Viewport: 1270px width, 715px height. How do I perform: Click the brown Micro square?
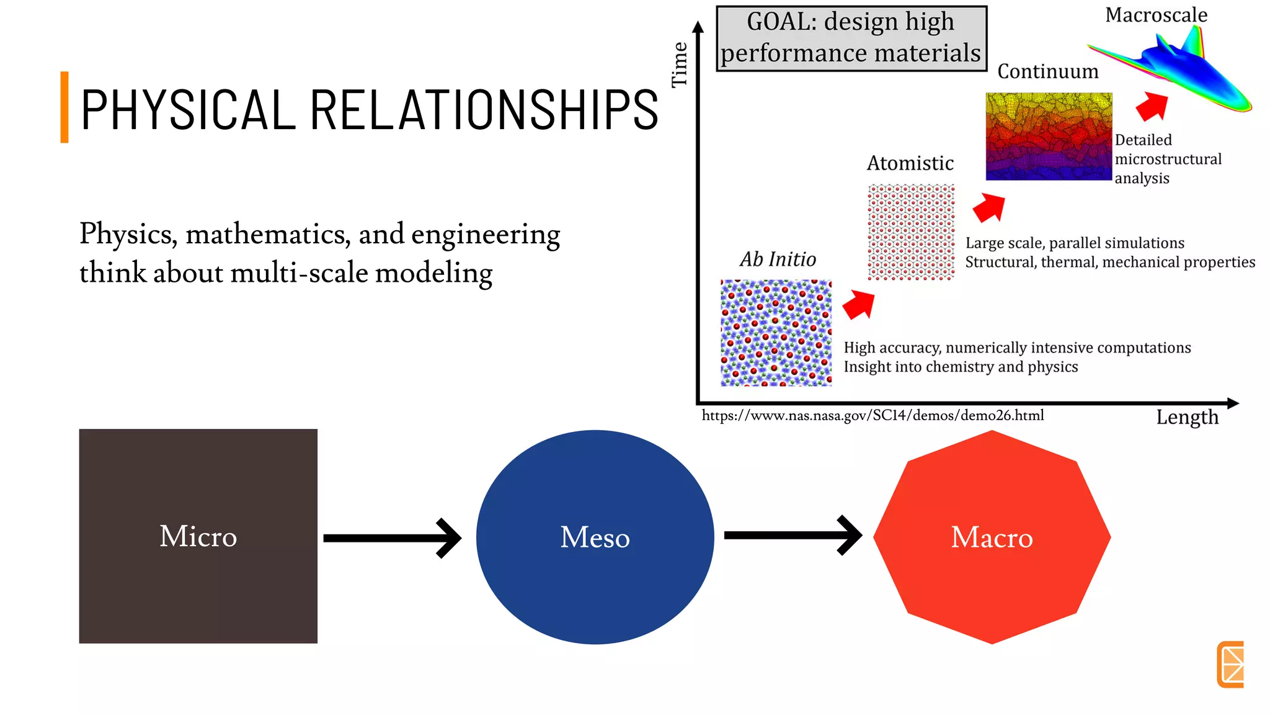(198, 536)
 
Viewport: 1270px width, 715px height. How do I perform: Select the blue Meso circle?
(595, 537)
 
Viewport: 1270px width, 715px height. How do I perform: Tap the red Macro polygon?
(992, 537)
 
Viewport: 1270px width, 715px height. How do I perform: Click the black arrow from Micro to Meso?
(392, 537)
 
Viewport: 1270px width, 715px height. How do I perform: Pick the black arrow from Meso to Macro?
(793, 535)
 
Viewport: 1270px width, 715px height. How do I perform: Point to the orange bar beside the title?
(64, 107)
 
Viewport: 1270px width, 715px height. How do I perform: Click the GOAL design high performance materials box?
(851, 38)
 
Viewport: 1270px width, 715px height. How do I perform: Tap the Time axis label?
(680, 65)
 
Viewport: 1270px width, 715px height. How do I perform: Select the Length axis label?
(1187, 417)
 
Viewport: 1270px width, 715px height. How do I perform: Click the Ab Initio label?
(778, 259)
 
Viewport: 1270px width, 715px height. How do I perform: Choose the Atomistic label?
(910, 163)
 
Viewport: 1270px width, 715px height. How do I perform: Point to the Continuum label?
(1047, 71)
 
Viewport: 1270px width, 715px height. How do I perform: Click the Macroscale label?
(1156, 15)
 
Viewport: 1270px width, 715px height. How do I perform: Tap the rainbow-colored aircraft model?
(1178, 71)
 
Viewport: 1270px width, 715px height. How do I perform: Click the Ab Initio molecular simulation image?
(776, 333)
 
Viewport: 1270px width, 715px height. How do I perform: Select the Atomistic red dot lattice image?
(911, 232)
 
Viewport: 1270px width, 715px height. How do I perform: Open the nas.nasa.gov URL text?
(873, 415)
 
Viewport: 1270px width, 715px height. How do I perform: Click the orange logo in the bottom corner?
(1230, 664)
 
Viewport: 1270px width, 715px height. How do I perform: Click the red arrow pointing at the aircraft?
(1153, 106)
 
